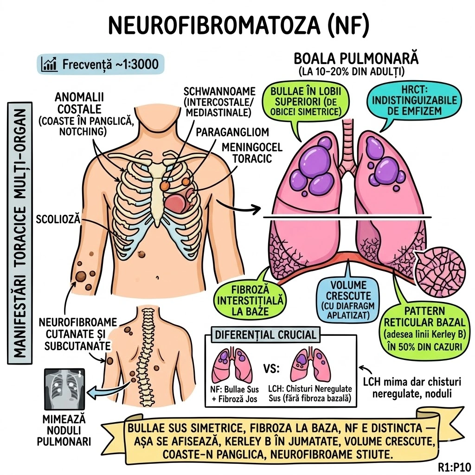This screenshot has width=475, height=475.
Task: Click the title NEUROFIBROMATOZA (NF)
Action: coord(237,25)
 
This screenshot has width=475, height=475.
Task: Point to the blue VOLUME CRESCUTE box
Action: coord(346,300)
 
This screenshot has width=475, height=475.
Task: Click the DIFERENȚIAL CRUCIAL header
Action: coord(266,334)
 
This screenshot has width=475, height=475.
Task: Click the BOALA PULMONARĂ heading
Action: coord(356,60)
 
